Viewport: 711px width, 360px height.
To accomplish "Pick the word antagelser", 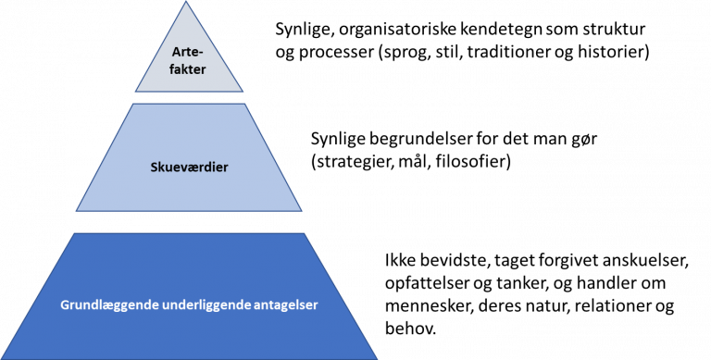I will (286, 305).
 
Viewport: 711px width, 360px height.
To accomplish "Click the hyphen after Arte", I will (203, 52).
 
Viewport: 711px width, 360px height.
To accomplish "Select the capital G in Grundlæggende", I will (66, 304).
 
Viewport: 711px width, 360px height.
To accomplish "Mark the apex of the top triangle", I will (189, 2).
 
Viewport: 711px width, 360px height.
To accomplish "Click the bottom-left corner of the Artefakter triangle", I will (135, 92).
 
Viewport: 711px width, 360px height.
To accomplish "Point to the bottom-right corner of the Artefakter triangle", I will (243, 92).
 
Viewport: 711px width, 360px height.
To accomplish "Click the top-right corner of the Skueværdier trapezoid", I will (248, 104).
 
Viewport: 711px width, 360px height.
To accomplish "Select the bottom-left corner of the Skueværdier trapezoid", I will (76, 211).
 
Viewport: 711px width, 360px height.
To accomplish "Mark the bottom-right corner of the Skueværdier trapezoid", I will (303, 211).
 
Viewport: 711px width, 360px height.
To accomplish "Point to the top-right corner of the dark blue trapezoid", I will (306, 233).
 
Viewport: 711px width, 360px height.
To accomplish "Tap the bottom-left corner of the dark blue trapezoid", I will (2, 358).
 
